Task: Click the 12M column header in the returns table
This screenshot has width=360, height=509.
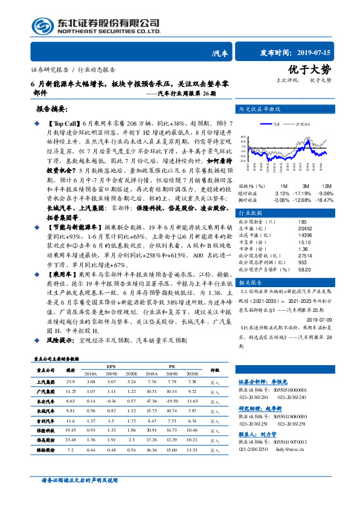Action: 327,186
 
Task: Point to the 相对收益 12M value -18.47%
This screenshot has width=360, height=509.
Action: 325,199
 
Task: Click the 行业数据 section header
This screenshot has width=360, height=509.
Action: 252,213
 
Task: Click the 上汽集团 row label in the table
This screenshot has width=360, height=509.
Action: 47,382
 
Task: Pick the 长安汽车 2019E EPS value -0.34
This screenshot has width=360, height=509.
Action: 111,400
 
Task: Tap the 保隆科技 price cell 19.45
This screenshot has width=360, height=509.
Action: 71,430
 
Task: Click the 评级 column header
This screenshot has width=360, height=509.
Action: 214,369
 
